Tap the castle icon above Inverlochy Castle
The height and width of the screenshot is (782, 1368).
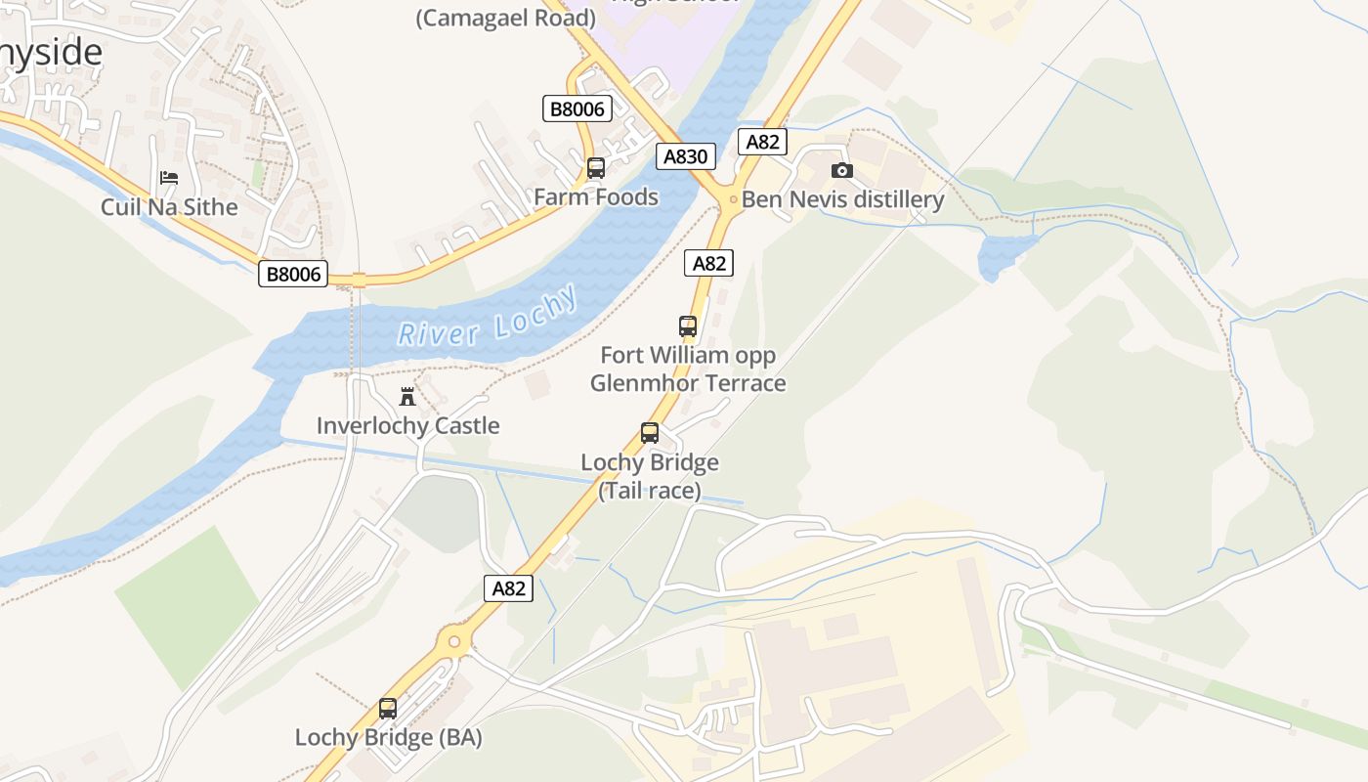coord(407,397)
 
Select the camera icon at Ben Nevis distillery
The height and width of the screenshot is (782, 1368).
coord(841,171)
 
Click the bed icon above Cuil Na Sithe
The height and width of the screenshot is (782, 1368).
coord(169,178)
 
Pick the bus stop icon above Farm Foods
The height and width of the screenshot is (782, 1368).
coord(596,168)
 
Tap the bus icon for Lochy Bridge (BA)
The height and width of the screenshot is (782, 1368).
coord(388,709)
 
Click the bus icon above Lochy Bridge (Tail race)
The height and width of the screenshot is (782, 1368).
coord(650,433)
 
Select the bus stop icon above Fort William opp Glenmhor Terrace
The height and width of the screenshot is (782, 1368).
coord(688,326)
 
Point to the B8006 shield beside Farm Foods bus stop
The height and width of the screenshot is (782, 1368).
coord(577,109)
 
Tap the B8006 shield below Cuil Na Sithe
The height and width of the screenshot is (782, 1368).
coord(294,274)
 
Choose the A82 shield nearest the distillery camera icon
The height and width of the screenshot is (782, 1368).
coord(762,142)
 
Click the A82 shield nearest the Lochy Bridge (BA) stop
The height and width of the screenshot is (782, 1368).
coord(508,588)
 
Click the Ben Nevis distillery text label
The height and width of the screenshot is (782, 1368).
coord(842,200)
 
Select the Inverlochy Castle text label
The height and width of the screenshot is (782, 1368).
coord(407,426)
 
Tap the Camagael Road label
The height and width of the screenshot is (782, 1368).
coord(505,18)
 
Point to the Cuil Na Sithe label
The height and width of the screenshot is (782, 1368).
coord(169,207)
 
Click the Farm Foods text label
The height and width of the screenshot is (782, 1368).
coord(596,197)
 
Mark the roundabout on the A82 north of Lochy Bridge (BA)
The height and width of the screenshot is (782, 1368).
coord(453,641)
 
